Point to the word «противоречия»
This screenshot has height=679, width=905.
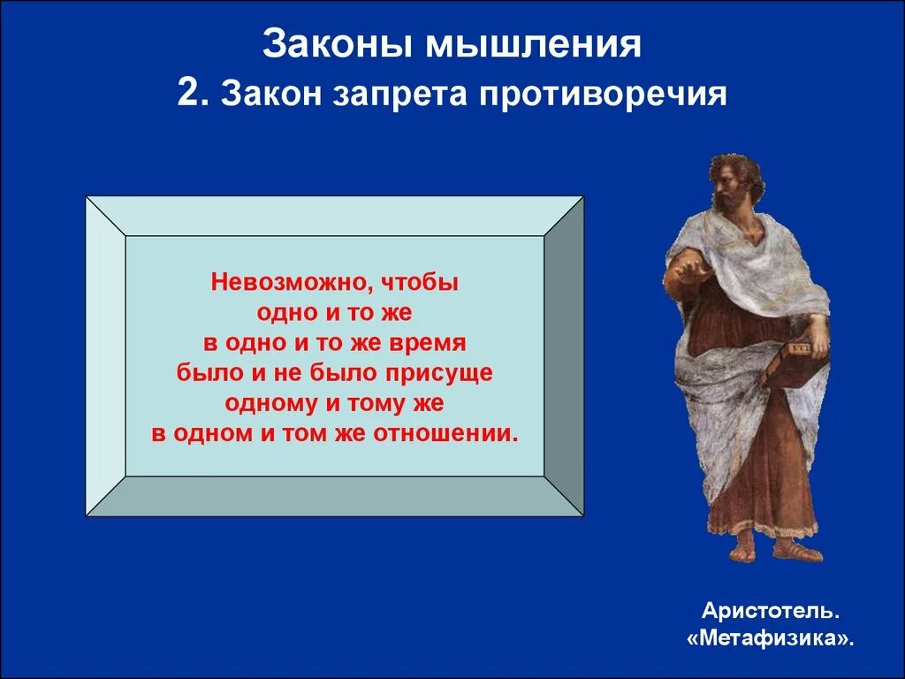tap(603, 94)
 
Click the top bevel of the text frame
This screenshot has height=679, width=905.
tap(334, 216)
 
